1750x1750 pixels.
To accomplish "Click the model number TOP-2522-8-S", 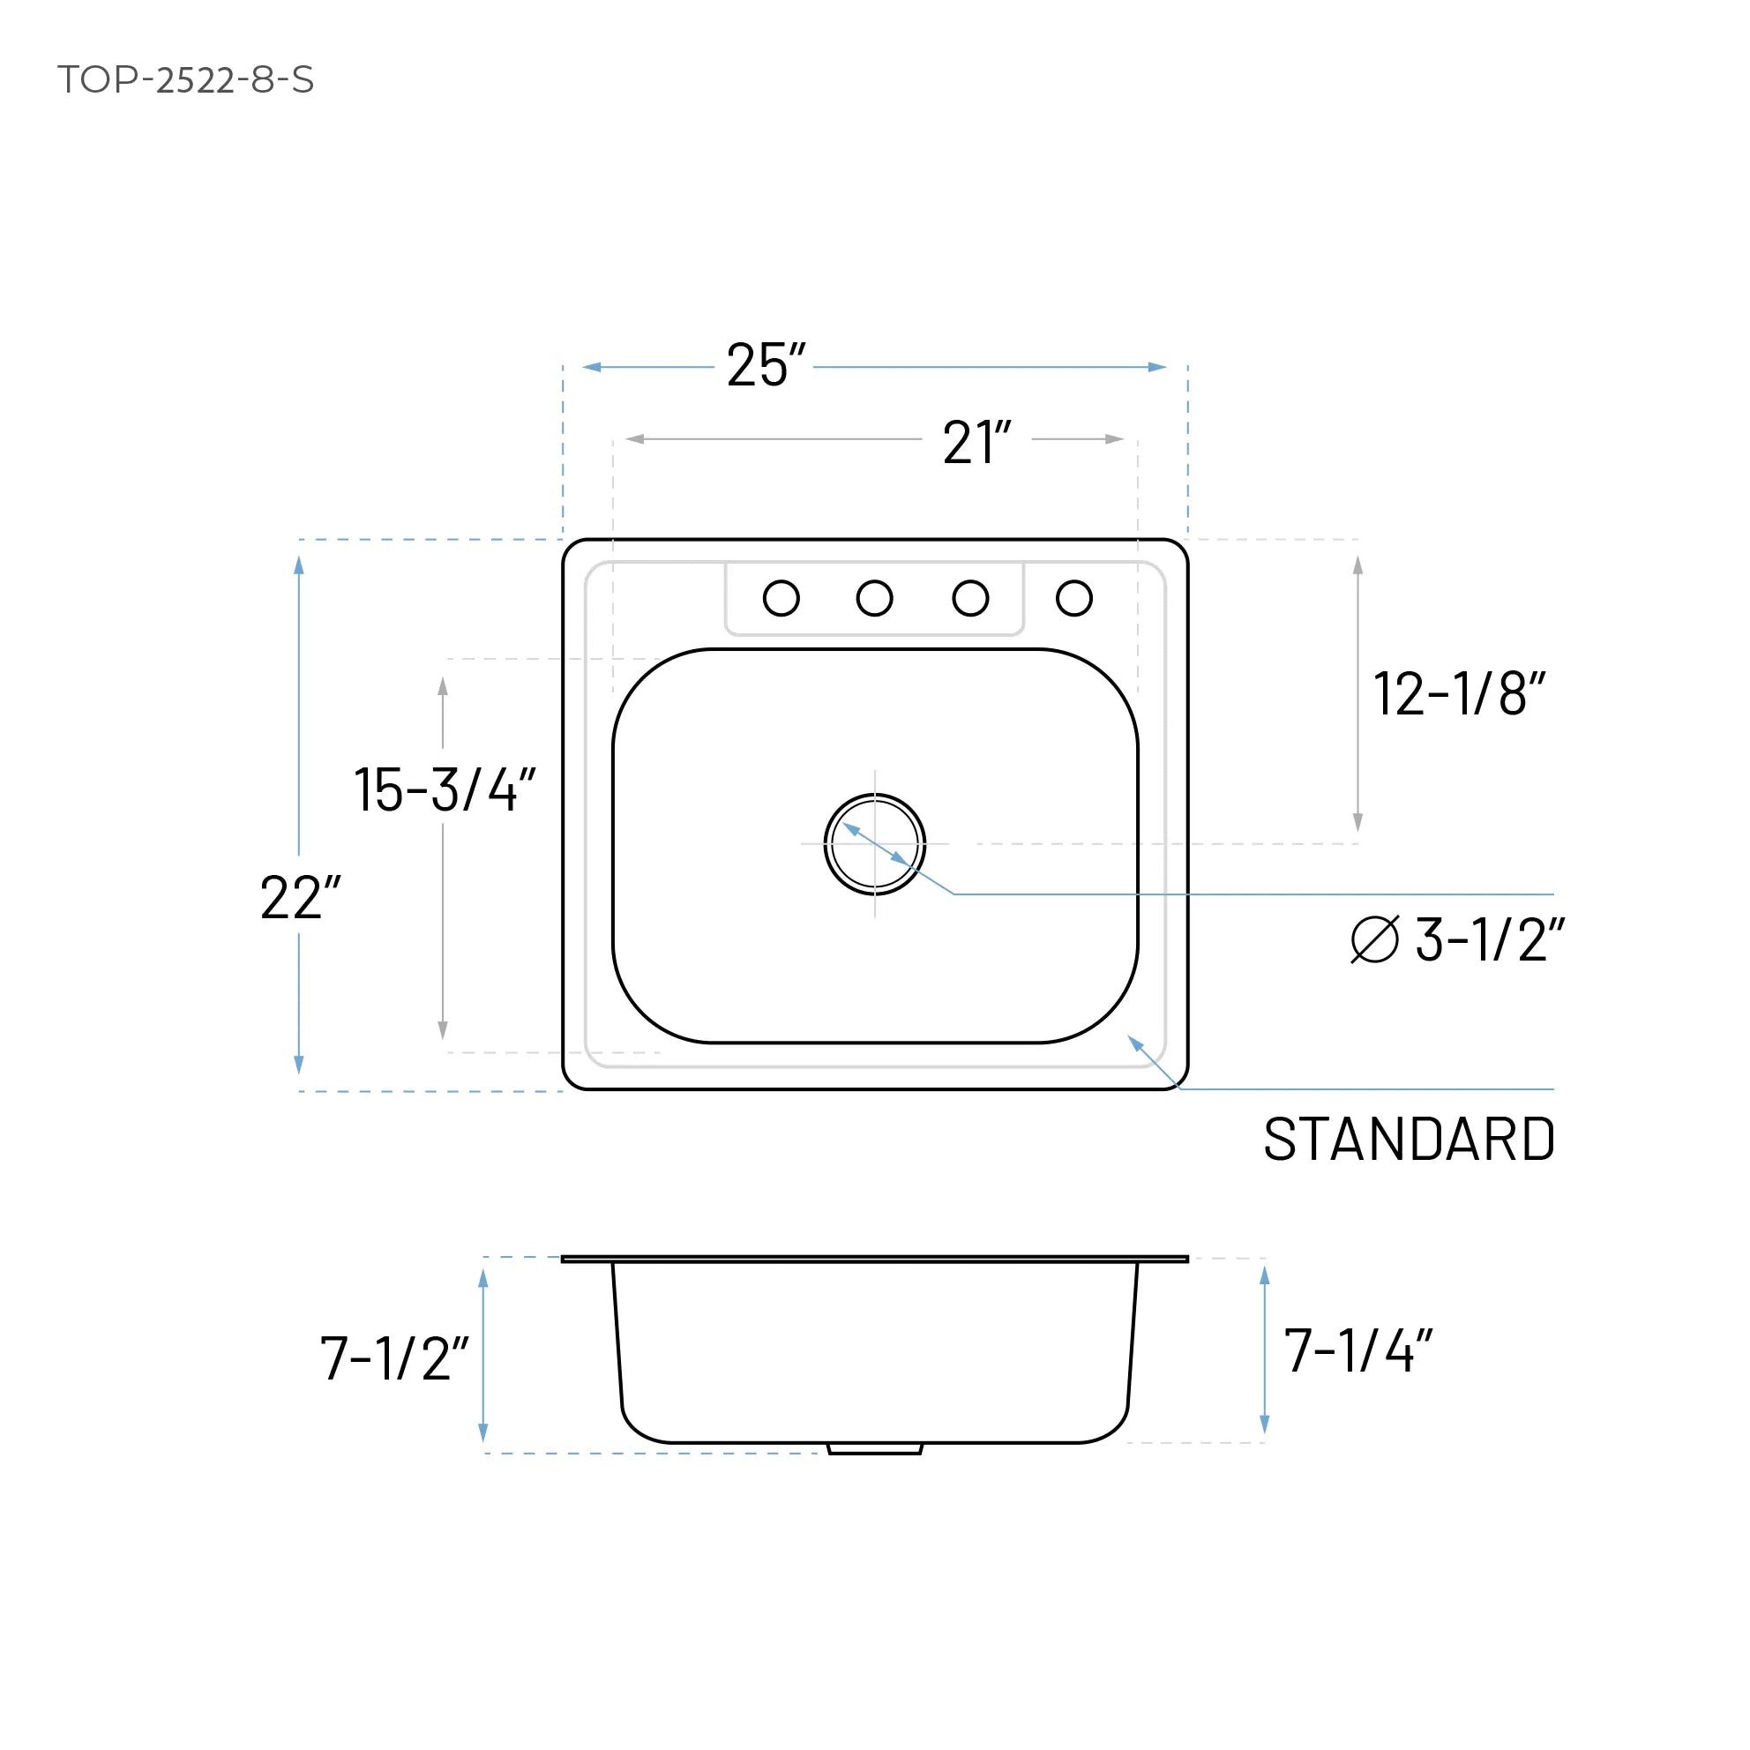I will [x=186, y=79].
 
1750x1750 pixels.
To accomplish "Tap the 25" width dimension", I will [x=766, y=366].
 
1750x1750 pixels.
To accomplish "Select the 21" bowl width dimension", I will [x=976, y=443].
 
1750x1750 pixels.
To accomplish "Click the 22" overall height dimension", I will [x=300, y=898].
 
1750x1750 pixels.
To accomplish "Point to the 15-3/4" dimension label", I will [x=444, y=789].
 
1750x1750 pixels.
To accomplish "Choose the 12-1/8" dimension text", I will [x=1458, y=694].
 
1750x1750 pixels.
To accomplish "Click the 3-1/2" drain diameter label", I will [x=1489, y=939].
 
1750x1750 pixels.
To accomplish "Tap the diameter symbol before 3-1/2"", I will [x=1374, y=939].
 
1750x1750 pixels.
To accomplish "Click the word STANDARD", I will [x=1410, y=1140].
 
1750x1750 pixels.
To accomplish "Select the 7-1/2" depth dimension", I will [x=394, y=1358].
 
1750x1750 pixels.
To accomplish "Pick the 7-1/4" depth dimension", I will [x=1357, y=1351].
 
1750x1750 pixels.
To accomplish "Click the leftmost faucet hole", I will [x=781, y=598].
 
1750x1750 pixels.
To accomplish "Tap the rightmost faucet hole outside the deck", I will [x=1074, y=598].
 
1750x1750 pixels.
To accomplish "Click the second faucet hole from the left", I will [x=874, y=598].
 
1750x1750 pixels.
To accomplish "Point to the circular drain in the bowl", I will [x=875, y=844].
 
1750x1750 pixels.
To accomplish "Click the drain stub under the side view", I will [x=875, y=1449].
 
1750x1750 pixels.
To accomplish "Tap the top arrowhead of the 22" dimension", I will [x=299, y=566].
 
